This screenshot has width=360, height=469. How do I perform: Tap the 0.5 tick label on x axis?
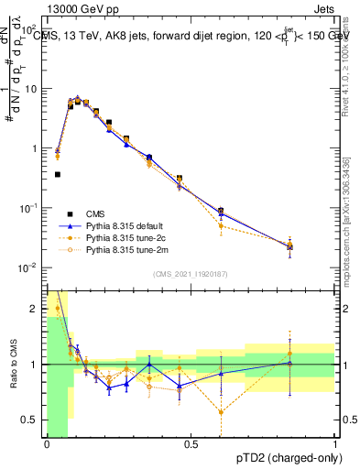pyautogui.click(x=191, y=444)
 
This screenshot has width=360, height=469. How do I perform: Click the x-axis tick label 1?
pyautogui.click(x=335, y=444)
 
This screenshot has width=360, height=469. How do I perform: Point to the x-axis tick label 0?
pyautogui.click(x=46, y=444)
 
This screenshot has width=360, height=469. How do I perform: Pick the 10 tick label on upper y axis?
pyautogui.click(x=30, y=89)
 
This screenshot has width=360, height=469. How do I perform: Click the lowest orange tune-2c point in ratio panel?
pyautogui.click(x=221, y=411)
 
